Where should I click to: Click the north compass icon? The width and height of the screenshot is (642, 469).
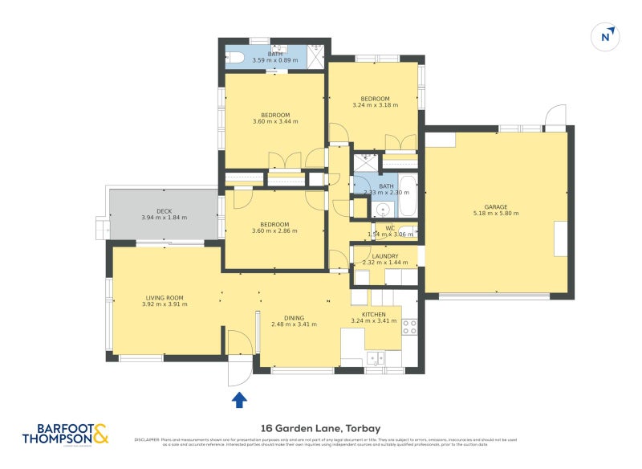pos(606,36)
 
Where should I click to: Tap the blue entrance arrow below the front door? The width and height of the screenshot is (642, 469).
pos(239,399)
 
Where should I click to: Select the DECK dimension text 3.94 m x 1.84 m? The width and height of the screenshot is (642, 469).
pos(164,218)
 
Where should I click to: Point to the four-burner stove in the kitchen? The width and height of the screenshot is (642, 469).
pos(409,327)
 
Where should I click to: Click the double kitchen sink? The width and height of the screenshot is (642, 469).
pos(376,358)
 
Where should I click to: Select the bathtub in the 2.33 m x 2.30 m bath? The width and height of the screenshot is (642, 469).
pos(408,196)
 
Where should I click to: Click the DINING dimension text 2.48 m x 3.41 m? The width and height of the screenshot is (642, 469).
pos(294,324)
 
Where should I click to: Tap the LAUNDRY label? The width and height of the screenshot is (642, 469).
pos(385,256)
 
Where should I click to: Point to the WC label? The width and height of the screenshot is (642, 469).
pos(390,227)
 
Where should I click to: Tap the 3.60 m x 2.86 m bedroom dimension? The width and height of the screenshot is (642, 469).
pos(275,231)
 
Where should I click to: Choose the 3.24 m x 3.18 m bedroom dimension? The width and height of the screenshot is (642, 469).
pos(375,105)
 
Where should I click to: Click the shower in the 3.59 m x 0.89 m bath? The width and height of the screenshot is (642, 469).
pos(315,55)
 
